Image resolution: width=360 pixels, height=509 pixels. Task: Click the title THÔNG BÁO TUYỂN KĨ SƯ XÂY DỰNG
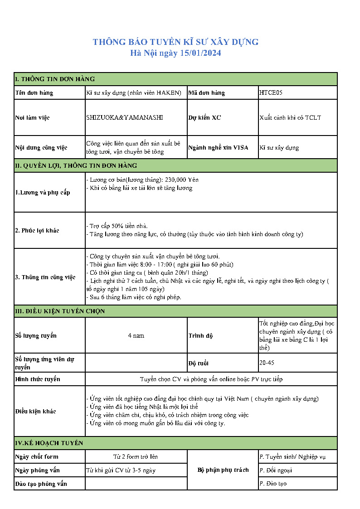click(x=175, y=42)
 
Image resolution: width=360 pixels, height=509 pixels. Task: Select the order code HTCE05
click(x=271, y=93)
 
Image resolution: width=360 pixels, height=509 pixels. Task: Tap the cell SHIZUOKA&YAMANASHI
click(x=124, y=117)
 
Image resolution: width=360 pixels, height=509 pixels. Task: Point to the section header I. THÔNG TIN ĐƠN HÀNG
click(x=55, y=79)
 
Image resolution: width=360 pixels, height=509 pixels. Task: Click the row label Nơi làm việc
click(x=32, y=118)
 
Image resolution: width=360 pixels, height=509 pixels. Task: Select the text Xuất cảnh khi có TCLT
click(x=290, y=117)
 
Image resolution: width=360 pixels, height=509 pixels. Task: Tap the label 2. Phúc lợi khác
click(x=37, y=230)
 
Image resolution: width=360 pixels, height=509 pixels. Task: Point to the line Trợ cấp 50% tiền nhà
click(x=118, y=226)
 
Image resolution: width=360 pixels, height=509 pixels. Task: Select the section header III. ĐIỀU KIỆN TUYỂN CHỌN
click(x=60, y=311)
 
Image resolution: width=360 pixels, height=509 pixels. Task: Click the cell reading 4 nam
click(x=136, y=335)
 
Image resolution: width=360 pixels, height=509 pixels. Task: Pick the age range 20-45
click(x=267, y=363)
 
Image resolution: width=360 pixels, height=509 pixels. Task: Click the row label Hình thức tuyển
click(x=38, y=379)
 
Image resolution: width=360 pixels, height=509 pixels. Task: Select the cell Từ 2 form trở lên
click(x=136, y=456)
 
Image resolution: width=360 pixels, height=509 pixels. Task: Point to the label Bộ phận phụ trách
click(x=223, y=470)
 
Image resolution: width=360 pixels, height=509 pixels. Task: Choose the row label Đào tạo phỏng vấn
click(x=41, y=484)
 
